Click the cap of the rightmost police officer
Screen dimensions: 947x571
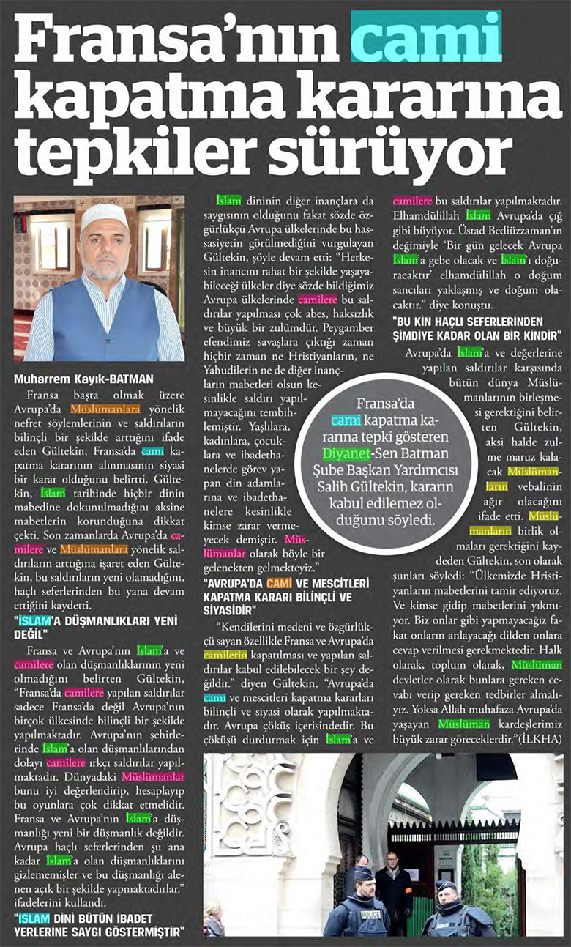446,885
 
